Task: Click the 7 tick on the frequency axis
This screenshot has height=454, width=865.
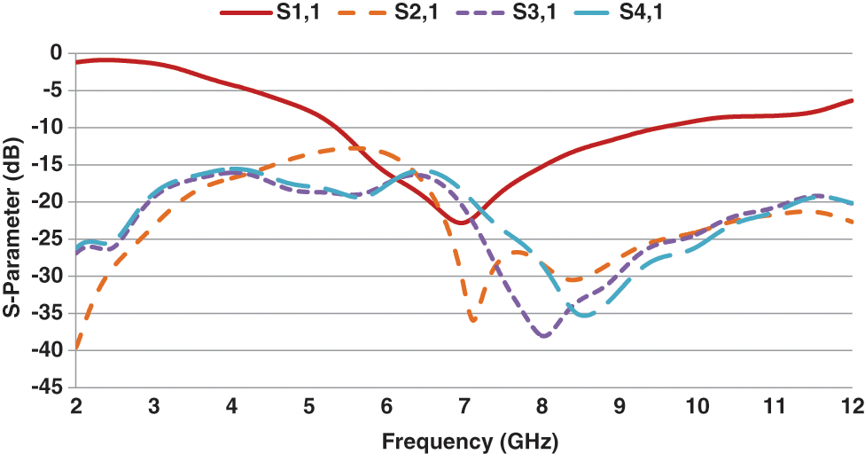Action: pos(464,406)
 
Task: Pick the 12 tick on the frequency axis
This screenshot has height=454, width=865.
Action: pos(852,406)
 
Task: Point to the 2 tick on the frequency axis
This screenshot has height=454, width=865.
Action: pos(76,406)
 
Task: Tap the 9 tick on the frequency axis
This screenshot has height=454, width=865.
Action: pos(620,406)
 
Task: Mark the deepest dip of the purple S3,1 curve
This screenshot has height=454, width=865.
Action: pos(543,336)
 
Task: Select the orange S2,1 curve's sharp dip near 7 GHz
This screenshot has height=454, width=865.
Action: pos(472,320)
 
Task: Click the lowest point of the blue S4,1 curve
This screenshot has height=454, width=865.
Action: pos(585,315)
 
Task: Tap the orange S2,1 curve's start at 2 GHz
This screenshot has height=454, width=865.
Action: pos(77,348)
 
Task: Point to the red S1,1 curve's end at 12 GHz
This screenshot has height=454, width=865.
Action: pos(852,100)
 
